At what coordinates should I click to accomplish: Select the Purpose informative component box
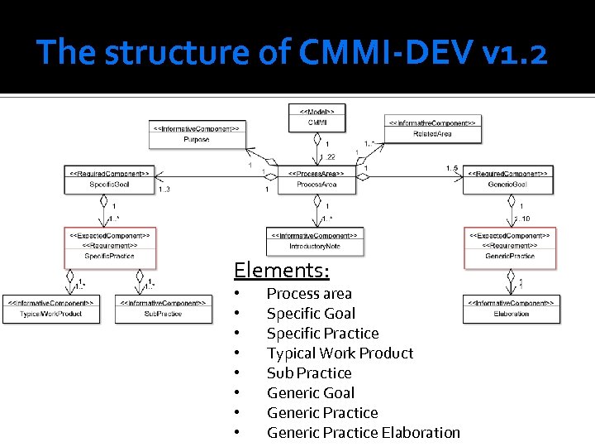click(197, 134)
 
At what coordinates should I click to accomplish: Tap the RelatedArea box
click(432, 127)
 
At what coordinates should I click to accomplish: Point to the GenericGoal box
click(508, 180)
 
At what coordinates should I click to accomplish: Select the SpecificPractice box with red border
click(109, 246)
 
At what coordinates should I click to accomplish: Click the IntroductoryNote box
click(315, 241)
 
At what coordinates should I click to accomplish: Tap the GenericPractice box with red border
click(509, 246)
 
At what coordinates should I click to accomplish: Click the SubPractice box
click(163, 309)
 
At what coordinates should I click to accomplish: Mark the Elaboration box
click(511, 309)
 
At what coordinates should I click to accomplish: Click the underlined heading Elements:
click(281, 270)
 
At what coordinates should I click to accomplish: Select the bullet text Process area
click(308, 294)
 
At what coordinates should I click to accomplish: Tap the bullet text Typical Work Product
click(340, 353)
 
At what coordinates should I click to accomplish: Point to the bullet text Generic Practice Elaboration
click(363, 433)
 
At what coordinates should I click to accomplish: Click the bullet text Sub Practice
click(308, 373)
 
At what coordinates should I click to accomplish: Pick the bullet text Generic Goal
click(310, 393)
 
